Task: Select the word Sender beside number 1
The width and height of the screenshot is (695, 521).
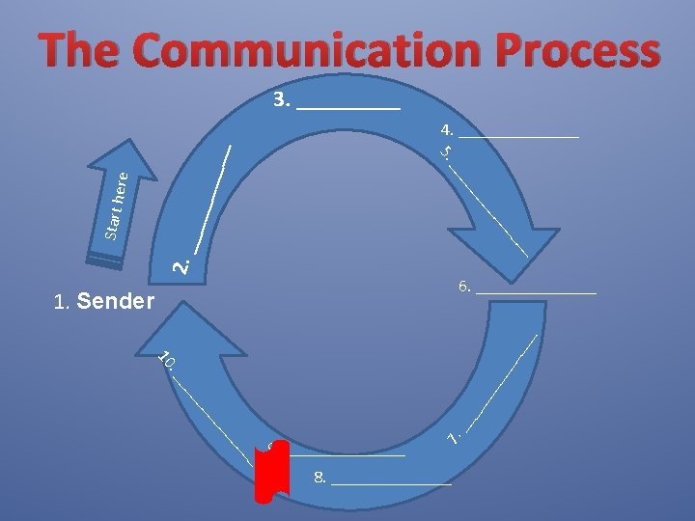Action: point(115,303)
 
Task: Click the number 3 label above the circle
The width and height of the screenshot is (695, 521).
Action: point(281,99)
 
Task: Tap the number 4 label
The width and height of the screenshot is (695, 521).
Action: point(447,128)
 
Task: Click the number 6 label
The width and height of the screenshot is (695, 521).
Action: point(464,287)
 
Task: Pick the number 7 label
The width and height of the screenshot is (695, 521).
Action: point(453,437)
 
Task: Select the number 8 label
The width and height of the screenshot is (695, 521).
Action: point(320,477)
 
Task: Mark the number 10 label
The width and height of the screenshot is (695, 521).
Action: point(166,361)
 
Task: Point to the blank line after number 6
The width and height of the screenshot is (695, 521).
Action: point(537,291)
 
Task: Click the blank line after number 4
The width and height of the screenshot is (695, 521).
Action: point(519,136)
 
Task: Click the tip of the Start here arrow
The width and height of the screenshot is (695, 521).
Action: point(129,145)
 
